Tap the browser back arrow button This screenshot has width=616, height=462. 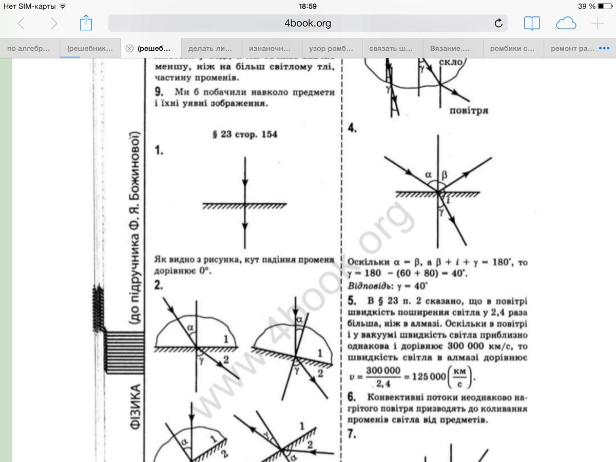(21, 23)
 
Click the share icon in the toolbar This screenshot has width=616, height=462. (86, 23)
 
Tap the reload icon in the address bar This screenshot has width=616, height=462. (498, 23)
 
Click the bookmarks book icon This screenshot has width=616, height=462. (532, 23)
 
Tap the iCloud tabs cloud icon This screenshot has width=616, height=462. (566, 23)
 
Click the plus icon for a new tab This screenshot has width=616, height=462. (598, 23)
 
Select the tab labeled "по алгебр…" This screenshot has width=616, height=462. (29, 49)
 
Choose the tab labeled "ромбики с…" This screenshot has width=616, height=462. (512, 49)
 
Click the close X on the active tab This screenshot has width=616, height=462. (129, 49)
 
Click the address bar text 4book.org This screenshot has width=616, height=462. (307, 23)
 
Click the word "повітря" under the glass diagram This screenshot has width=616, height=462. (468, 110)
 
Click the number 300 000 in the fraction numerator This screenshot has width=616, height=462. (383, 371)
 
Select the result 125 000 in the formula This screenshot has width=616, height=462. (429, 376)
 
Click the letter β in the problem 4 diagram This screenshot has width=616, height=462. (445, 175)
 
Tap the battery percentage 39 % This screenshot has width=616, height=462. (586, 6)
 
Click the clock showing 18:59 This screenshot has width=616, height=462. (307, 6)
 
